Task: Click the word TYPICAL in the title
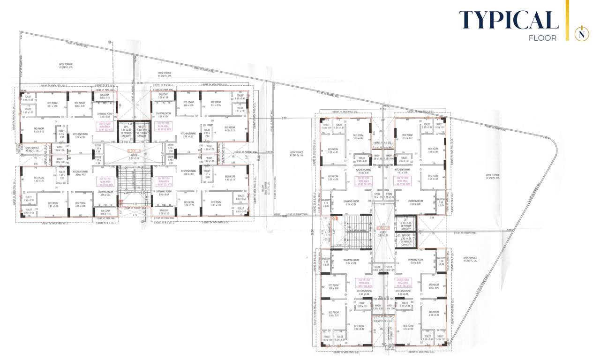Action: (x=509, y=20)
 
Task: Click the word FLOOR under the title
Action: (x=542, y=38)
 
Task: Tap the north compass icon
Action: (x=582, y=33)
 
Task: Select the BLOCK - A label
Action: (x=134, y=151)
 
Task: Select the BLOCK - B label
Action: (x=382, y=228)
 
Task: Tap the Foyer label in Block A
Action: (x=134, y=157)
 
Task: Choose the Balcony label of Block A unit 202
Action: (x=104, y=96)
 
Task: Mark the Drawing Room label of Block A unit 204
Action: (x=164, y=193)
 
